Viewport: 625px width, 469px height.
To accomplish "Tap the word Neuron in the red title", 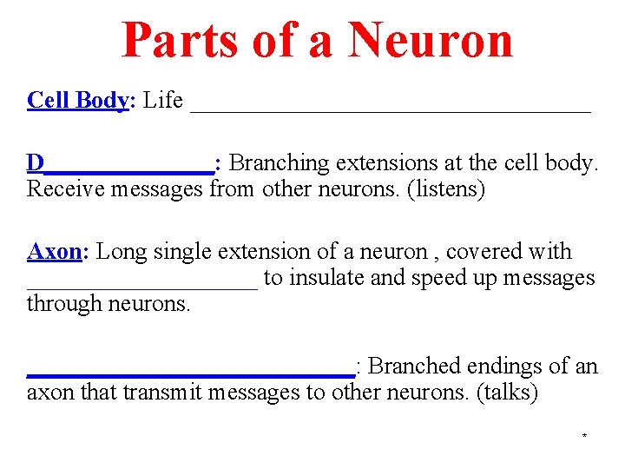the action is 431,40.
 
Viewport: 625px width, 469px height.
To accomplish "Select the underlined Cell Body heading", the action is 77,101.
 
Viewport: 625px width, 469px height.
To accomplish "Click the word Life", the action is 163,101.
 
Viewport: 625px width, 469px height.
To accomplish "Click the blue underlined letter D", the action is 36,163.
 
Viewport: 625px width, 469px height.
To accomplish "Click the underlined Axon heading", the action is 54,252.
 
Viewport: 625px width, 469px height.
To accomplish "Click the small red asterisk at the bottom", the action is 584,435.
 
